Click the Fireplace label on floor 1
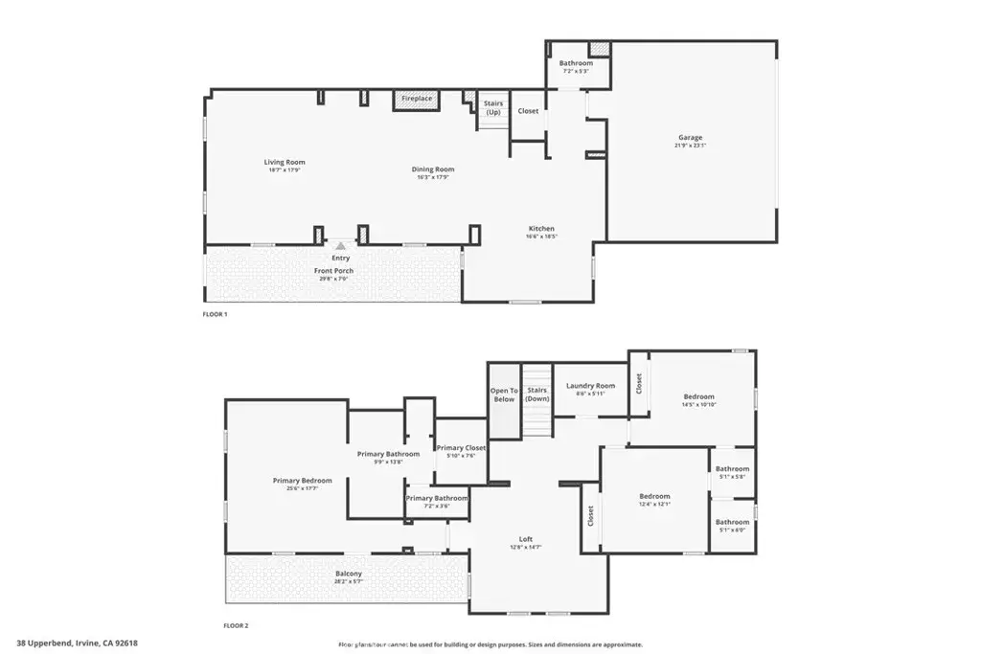point(417,99)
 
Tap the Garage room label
point(690,138)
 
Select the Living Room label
point(285,163)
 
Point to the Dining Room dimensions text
point(433,177)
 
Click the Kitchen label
point(541,229)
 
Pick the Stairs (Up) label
point(493,107)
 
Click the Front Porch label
point(333,271)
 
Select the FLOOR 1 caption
point(215,314)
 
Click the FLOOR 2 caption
point(236,625)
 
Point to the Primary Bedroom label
point(302,481)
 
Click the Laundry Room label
point(590,386)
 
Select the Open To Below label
point(503,395)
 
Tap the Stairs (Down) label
point(537,395)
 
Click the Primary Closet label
point(461,448)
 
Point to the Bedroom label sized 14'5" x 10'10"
point(698,396)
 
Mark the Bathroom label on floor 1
point(576,63)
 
